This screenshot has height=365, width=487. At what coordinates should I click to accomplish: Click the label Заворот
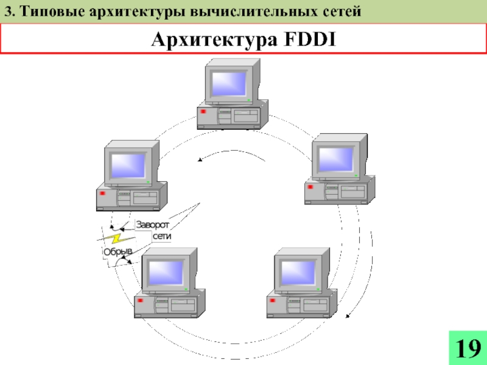pyautogui.click(x=153, y=224)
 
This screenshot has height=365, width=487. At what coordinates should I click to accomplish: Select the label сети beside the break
pyautogui.click(x=163, y=236)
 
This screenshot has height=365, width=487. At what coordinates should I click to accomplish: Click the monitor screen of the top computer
pyautogui.click(x=228, y=83)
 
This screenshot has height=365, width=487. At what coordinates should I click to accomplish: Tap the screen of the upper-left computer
pyautogui.click(x=127, y=165)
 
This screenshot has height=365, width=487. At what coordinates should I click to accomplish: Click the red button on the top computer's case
pyautogui.click(x=202, y=111)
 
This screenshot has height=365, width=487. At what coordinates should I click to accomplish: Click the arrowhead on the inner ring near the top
pyautogui.click(x=200, y=160)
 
